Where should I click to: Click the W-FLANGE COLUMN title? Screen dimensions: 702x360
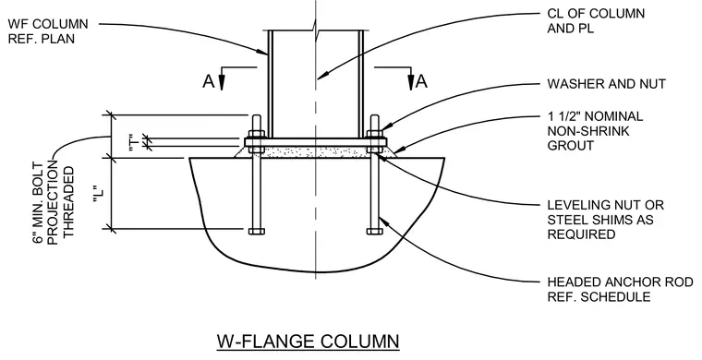click(x=308, y=342)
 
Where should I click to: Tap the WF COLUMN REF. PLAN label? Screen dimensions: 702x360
click(x=48, y=30)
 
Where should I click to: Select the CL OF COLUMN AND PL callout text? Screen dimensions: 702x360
click(x=596, y=20)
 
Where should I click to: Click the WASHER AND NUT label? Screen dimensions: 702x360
click(x=607, y=84)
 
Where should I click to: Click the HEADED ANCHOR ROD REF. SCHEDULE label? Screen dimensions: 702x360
click(x=620, y=289)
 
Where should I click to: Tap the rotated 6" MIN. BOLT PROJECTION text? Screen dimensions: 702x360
click(x=54, y=202)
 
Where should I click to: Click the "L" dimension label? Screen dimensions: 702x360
click(x=101, y=193)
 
